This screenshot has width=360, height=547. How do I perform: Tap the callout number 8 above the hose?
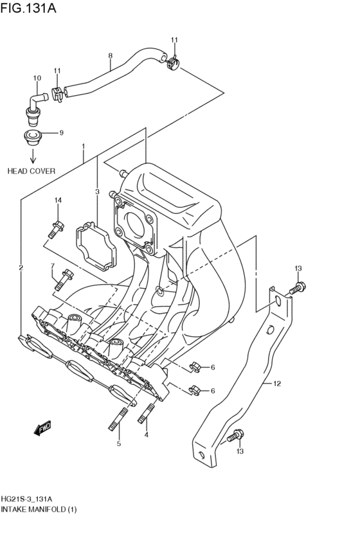[x=111, y=56]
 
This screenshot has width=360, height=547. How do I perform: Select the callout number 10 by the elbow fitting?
[x=37, y=78]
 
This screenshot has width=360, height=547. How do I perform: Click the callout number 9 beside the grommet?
[x=62, y=133]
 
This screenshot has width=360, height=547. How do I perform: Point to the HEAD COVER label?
[x=32, y=172]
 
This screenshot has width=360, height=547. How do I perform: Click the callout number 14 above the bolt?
[x=57, y=201]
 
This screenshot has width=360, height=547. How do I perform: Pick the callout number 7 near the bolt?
[x=52, y=266]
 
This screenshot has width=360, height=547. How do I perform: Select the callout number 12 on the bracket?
[x=277, y=384]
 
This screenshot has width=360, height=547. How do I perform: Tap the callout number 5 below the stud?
[x=118, y=444]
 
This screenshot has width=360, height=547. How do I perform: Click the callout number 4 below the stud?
[x=146, y=435]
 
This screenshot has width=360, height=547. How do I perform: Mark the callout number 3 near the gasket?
[x=97, y=192]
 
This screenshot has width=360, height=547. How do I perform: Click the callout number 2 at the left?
[x=21, y=267]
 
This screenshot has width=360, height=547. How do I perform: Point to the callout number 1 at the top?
[x=83, y=147]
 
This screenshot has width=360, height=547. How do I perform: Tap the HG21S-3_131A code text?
[x=27, y=499]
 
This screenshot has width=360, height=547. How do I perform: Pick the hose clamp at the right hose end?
[x=172, y=63]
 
